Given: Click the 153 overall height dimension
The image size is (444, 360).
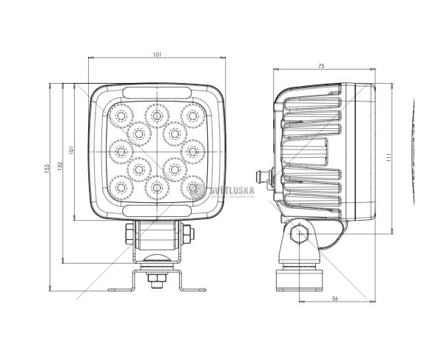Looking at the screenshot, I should pyautogui.click(x=46, y=171).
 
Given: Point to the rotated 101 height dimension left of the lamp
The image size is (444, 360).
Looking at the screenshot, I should pyautogui.click(x=71, y=149).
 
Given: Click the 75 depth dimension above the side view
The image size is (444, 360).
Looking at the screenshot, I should pyautogui.click(x=321, y=67).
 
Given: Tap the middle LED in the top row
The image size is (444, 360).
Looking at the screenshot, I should pyautogui.click(x=156, y=115).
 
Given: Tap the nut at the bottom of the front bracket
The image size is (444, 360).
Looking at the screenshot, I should pyautogui.click(x=156, y=279).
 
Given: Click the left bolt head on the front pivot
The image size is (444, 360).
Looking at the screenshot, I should pyautogui.click(x=129, y=234).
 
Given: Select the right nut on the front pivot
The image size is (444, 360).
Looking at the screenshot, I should pyautogui.click(x=187, y=234).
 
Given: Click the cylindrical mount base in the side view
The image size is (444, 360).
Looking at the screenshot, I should pyautogui.click(x=299, y=279).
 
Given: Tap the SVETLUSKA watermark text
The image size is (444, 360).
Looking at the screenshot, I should pyautogui.click(x=234, y=190).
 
